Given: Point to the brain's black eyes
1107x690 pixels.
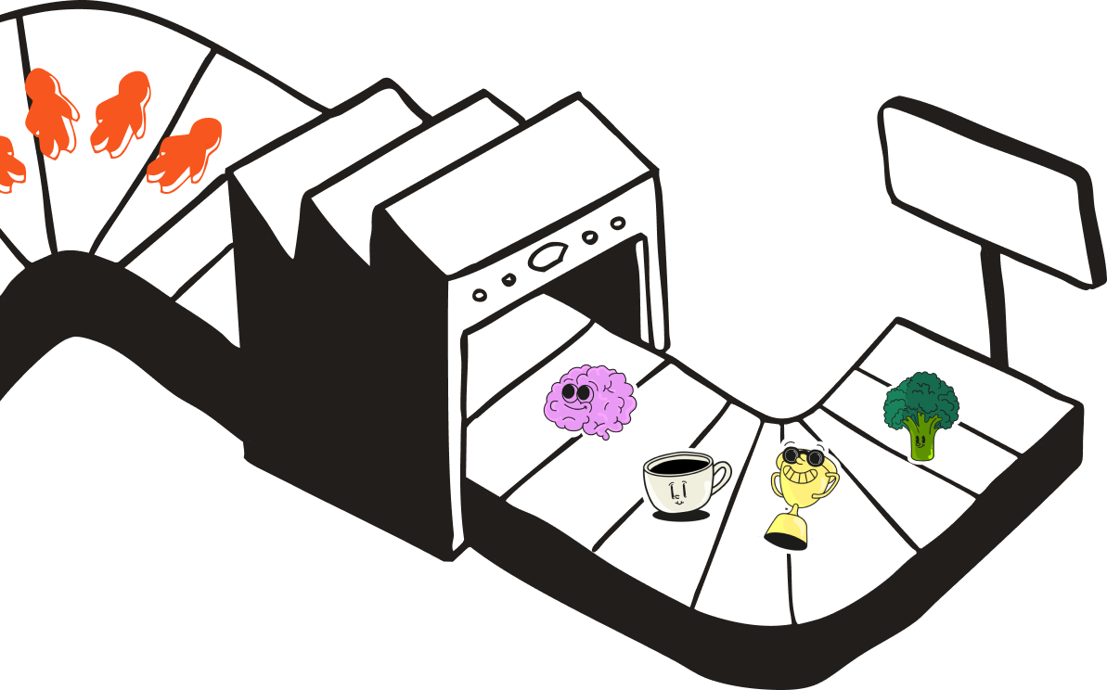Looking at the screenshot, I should pyautogui.click(x=576, y=394).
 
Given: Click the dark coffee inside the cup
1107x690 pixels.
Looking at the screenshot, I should pyautogui.click(x=676, y=464).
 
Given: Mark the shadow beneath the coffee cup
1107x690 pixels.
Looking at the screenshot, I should pyautogui.click(x=682, y=515).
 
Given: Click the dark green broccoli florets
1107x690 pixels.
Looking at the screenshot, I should pyautogui.click(x=920, y=396).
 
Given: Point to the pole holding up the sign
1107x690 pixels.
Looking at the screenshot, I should pyautogui.click(x=995, y=311).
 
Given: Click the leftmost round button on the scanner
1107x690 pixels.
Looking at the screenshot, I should pyautogui.click(x=480, y=295).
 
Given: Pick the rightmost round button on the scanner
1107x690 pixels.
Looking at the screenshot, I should pyautogui.click(x=617, y=223).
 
